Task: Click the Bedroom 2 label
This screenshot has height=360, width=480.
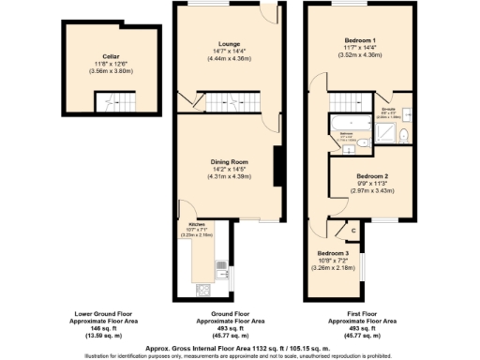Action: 371,176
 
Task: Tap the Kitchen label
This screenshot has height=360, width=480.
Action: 196,225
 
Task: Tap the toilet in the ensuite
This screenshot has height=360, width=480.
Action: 401,137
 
